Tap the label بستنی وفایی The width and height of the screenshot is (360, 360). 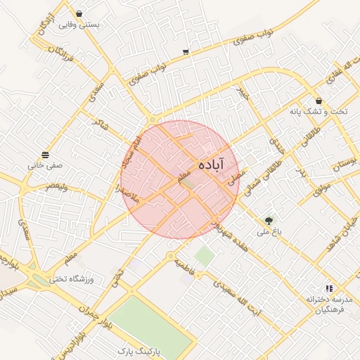[78, 25]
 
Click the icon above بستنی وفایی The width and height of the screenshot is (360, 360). [78, 13]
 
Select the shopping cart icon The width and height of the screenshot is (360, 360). [185, 51]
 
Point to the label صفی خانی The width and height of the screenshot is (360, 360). [45, 166]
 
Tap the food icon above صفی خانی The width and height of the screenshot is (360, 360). [45, 155]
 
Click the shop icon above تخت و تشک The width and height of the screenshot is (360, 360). [319, 101]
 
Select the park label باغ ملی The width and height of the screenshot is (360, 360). [267, 231]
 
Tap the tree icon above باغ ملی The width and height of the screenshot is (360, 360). [268, 220]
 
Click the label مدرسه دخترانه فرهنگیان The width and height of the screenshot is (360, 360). [328, 304]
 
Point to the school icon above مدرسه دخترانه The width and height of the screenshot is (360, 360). [328, 288]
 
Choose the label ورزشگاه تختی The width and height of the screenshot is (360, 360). [72, 279]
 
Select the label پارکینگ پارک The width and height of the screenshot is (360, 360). [139, 349]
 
